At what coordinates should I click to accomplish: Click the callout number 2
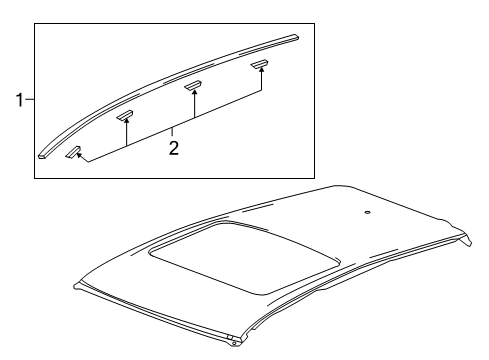click(x=173, y=148)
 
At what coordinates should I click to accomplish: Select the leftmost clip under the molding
click(x=74, y=154)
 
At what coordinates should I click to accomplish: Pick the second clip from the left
click(x=125, y=116)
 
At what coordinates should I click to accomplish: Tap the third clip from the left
click(x=194, y=86)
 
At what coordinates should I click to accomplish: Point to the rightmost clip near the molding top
click(x=260, y=65)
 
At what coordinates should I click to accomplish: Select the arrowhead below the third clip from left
click(x=194, y=96)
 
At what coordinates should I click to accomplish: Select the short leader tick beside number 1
click(x=30, y=99)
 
